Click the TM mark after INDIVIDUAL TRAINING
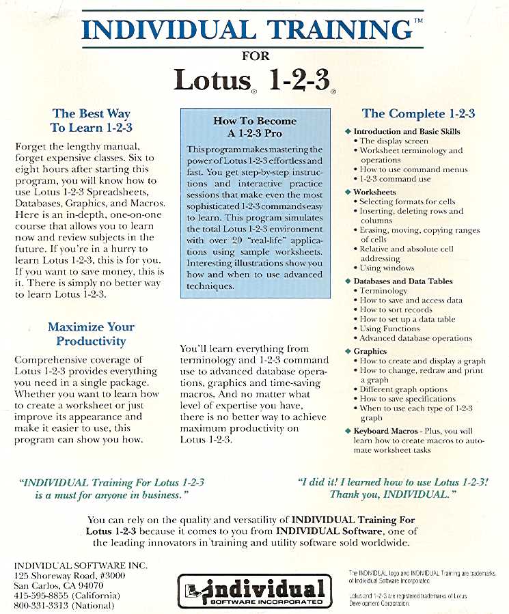(418, 23)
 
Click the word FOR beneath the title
(256, 56)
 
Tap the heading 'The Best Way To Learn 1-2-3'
(91, 120)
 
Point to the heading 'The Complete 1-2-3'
(418, 114)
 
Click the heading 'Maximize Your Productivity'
(91, 334)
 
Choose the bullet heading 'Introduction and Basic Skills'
(407, 131)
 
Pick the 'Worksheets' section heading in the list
(374, 192)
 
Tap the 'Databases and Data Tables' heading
(402, 281)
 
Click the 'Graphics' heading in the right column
(370, 351)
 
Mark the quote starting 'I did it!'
(393, 487)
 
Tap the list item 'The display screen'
(394, 141)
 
